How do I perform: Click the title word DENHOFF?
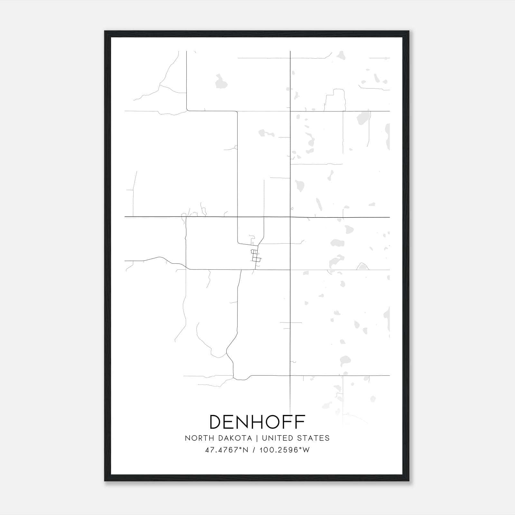257,422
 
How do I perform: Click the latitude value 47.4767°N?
227,450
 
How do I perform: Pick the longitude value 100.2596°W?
285,450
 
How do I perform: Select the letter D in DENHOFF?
216,422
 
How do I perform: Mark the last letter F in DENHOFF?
300,422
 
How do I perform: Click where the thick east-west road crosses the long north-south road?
290,217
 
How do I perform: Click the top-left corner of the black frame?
105,32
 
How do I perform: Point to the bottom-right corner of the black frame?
409,481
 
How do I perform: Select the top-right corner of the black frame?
409,32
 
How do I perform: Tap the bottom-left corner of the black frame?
105,481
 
